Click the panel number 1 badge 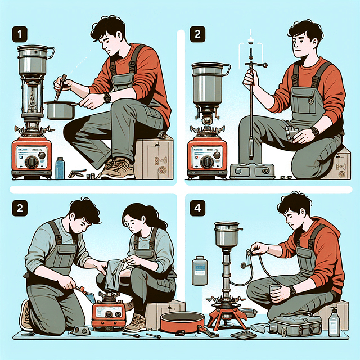19,34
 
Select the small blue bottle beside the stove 60,168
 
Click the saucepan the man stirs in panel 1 61,109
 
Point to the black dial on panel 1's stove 33,163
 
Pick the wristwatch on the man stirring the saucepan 107,97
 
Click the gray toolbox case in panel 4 296,325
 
